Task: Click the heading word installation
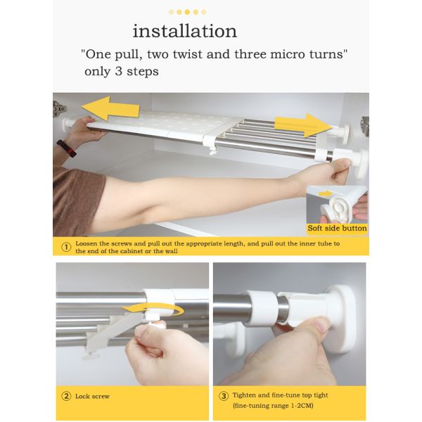pyautogui.click(x=184, y=31)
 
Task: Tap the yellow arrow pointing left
pyautogui.click(x=110, y=108)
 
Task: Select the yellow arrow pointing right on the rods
pyautogui.click(x=303, y=125)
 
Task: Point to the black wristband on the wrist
pyautogui.click(x=67, y=148)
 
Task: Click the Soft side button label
pyautogui.click(x=337, y=228)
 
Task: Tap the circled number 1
pyautogui.click(x=66, y=247)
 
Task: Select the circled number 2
pyautogui.click(x=66, y=396)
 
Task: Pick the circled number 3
pyautogui.click(x=224, y=396)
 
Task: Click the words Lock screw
pyautogui.click(x=92, y=396)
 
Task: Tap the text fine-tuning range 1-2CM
pyautogui.click(x=273, y=406)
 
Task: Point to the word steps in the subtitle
pyautogui.click(x=143, y=72)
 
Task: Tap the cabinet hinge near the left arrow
pyautogui.click(x=59, y=109)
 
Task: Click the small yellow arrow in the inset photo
pyautogui.click(x=326, y=193)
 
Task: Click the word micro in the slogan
pyautogui.click(x=288, y=54)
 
